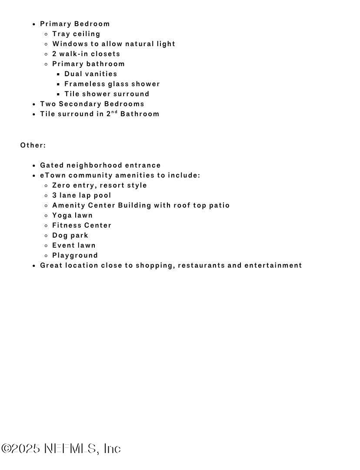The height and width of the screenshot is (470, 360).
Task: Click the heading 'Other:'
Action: pyautogui.click(x=33, y=145)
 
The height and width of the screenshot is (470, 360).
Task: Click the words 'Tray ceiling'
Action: pyautogui.click(x=76, y=34)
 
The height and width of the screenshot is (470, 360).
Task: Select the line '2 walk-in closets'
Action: pyautogui.click(x=86, y=54)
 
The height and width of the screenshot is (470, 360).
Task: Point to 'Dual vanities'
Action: pyautogui.click(x=90, y=74)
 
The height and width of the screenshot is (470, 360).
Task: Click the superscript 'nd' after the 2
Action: pyautogui.click(x=114, y=112)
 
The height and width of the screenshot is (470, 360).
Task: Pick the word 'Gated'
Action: pyautogui.click(x=52, y=165)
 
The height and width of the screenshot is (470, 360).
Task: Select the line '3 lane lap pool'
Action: pyautogui.click(x=82, y=195)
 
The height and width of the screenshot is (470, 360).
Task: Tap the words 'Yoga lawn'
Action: pyautogui.click(x=72, y=215)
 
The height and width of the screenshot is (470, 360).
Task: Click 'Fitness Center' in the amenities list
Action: pyautogui.click(x=82, y=225)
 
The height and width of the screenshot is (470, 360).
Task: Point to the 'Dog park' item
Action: pyautogui.click(x=70, y=235)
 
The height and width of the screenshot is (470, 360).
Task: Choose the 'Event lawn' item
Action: pyautogui.click(x=74, y=245)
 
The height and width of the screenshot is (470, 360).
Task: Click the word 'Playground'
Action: pyautogui.click(x=75, y=255)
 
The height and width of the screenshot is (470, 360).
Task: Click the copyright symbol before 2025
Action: pyautogui.click(x=6, y=449)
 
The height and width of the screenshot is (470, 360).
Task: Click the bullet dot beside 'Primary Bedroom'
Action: pyautogui.click(x=34, y=24)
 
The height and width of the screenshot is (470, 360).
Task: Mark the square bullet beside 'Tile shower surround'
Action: pyautogui.click(x=59, y=94)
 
